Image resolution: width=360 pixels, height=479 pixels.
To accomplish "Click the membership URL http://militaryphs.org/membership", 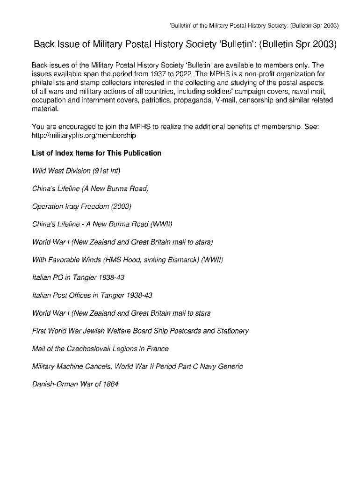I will click(x=84, y=136).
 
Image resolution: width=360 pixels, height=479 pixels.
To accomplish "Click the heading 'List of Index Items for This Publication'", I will click(x=96, y=153).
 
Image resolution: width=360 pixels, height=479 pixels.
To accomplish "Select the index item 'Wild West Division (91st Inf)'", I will click(x=76, y=171).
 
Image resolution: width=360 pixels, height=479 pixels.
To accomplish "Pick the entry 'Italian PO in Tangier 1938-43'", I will click(x=78, y=277).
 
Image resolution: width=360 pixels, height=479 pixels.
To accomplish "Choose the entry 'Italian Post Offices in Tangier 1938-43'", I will click(x=92, y=295).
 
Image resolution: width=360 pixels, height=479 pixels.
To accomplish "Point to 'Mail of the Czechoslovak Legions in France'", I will click(x=100, y=348).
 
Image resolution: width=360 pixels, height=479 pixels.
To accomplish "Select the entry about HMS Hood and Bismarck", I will click(x=127, y=260).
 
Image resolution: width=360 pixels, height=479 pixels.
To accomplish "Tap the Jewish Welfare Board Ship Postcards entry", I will click(x=140, y=331).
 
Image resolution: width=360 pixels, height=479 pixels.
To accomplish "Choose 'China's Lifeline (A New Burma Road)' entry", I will click(x=90, y=189).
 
